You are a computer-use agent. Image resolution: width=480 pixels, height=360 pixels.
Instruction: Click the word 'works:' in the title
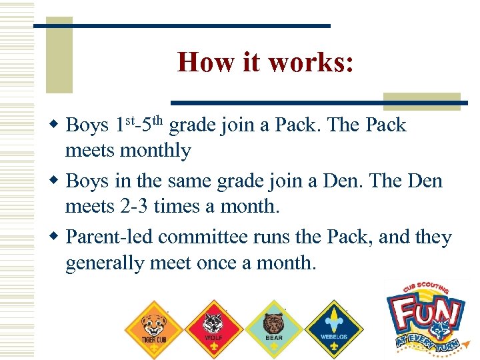[x=311, y=63]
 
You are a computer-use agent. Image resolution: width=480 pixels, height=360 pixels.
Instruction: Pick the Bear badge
[x=273, y=327]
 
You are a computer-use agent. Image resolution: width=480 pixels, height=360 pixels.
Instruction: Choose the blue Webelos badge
[x=333, y=327]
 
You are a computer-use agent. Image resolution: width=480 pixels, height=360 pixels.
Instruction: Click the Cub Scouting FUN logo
[x=426, y=316]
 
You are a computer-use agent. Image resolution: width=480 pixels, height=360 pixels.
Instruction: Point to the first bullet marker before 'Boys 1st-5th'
[x=57, y=125]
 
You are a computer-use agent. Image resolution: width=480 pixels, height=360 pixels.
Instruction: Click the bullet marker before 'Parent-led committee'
[x=57, y=237]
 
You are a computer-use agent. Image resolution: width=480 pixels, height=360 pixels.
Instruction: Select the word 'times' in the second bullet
[x=176, y=207]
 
